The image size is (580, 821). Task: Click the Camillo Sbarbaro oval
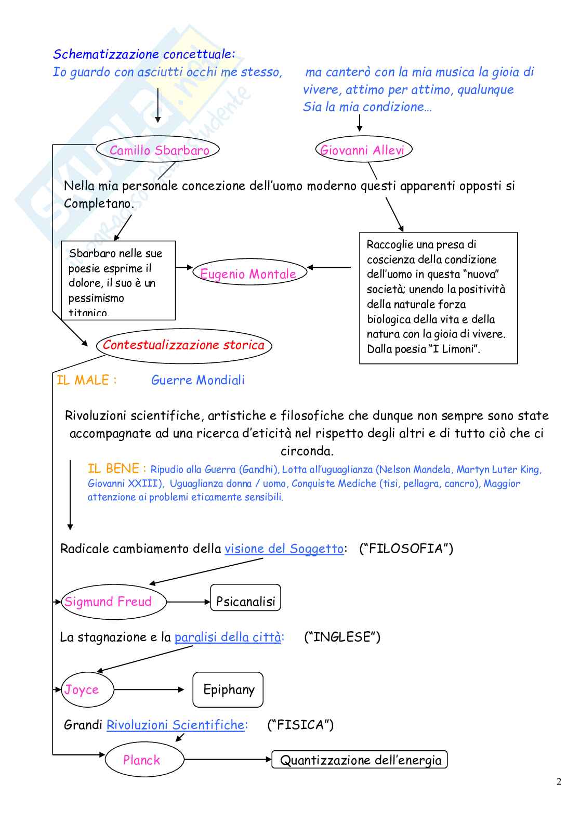(x=158, y=150)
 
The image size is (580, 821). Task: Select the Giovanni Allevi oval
(x=363, y=150)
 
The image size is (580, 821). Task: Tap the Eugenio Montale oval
(x=249, y=273)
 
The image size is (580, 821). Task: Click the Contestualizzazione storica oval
(x=184, y=345)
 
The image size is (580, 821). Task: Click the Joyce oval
(x=87, y=689)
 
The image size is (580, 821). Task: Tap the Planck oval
(x=144, y=760)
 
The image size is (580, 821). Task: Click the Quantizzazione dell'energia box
(x=360, y=760)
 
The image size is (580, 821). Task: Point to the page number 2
(x=559, y=781)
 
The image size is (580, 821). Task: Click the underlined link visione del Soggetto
(x=284, y=549)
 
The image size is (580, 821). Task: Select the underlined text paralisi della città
(x=228, y=637)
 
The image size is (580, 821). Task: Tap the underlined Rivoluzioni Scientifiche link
(x=176, y=725)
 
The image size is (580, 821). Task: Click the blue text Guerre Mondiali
(x=197, y=380)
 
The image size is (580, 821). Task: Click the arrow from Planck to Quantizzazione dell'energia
(x=228, y=760)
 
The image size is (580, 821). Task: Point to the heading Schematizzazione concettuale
(x=144, y=54)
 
